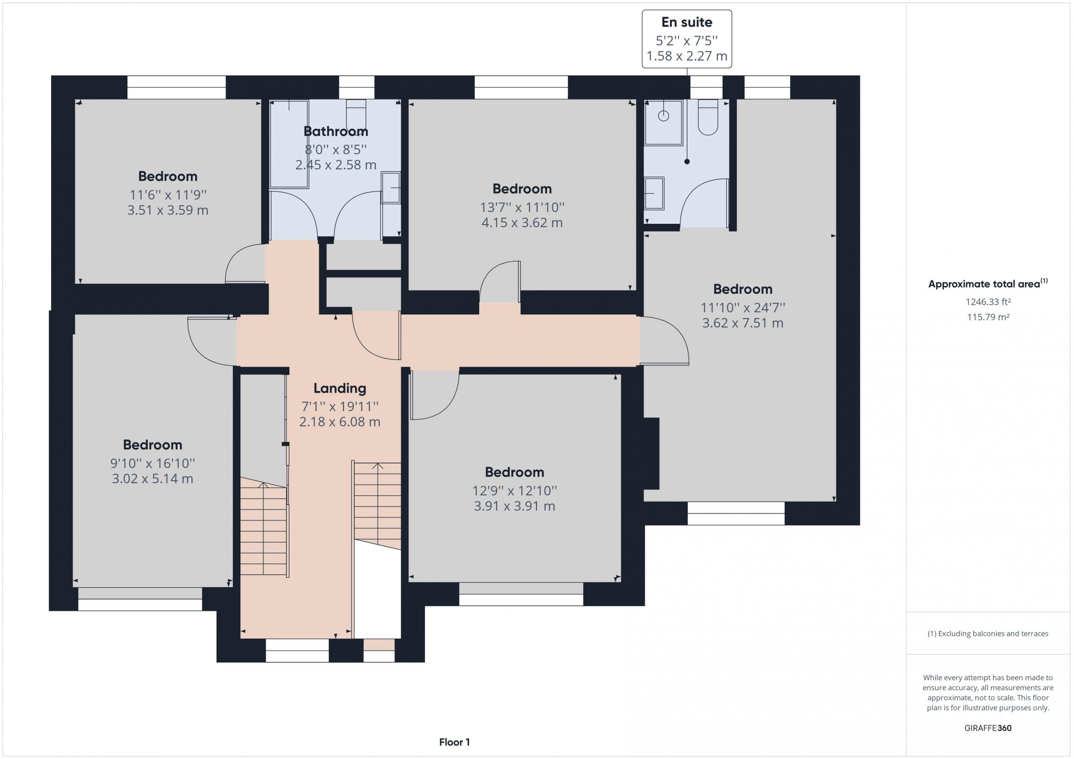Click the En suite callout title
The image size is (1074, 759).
[687, 22]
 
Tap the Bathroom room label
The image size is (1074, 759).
[336, 131]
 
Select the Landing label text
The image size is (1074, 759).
[339, 389]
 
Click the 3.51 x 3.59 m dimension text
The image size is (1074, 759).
[168, 210]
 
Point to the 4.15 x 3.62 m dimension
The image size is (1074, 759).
[522, 223]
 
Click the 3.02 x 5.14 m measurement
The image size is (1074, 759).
[152, 479]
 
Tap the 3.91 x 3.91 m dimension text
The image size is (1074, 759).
[514, 506]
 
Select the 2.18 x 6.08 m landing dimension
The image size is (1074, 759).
[339, 422]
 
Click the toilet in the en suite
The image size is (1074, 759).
[708, 117]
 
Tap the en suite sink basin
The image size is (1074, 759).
[654, 194]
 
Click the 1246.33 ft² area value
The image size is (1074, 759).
[988, 302]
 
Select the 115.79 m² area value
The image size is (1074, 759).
[988, 317]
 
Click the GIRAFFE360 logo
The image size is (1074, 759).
[988, 728]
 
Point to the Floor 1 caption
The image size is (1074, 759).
[454, 742]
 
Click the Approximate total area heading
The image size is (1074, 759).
[988, 283]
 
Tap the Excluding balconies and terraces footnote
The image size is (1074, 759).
[988, 634]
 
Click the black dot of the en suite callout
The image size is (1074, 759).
[687, 162]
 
